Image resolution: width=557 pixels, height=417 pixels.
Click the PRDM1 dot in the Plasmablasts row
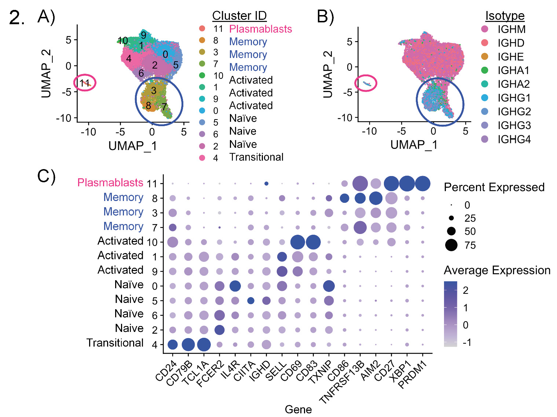click(422, 184)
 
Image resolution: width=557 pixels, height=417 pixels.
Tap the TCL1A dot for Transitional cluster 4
click(204, 345)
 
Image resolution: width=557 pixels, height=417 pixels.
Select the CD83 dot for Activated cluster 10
click(313, 242)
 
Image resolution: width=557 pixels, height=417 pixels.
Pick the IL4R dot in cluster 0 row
click(235, 286)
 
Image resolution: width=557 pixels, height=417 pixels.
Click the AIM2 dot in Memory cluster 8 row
click(376, 198)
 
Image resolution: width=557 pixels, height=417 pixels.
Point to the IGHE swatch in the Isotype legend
click(485, 56)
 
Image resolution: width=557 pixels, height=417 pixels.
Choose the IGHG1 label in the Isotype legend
click(514, 98)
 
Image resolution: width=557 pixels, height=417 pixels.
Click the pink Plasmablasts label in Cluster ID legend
click(260, 29)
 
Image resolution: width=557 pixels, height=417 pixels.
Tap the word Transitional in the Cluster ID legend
click(256, 157)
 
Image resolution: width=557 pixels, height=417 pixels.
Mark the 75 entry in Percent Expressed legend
click(470, 245)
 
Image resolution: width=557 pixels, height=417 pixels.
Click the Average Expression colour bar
click(450, 314)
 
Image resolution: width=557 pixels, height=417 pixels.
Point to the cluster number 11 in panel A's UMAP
click(84, 83)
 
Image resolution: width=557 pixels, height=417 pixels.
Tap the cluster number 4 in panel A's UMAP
click(128, 58)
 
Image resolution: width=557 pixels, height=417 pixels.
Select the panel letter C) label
click(47, 176)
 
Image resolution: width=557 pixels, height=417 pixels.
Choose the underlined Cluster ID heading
click(239, 16)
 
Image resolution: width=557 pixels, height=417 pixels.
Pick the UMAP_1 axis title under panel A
click(133, 146)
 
